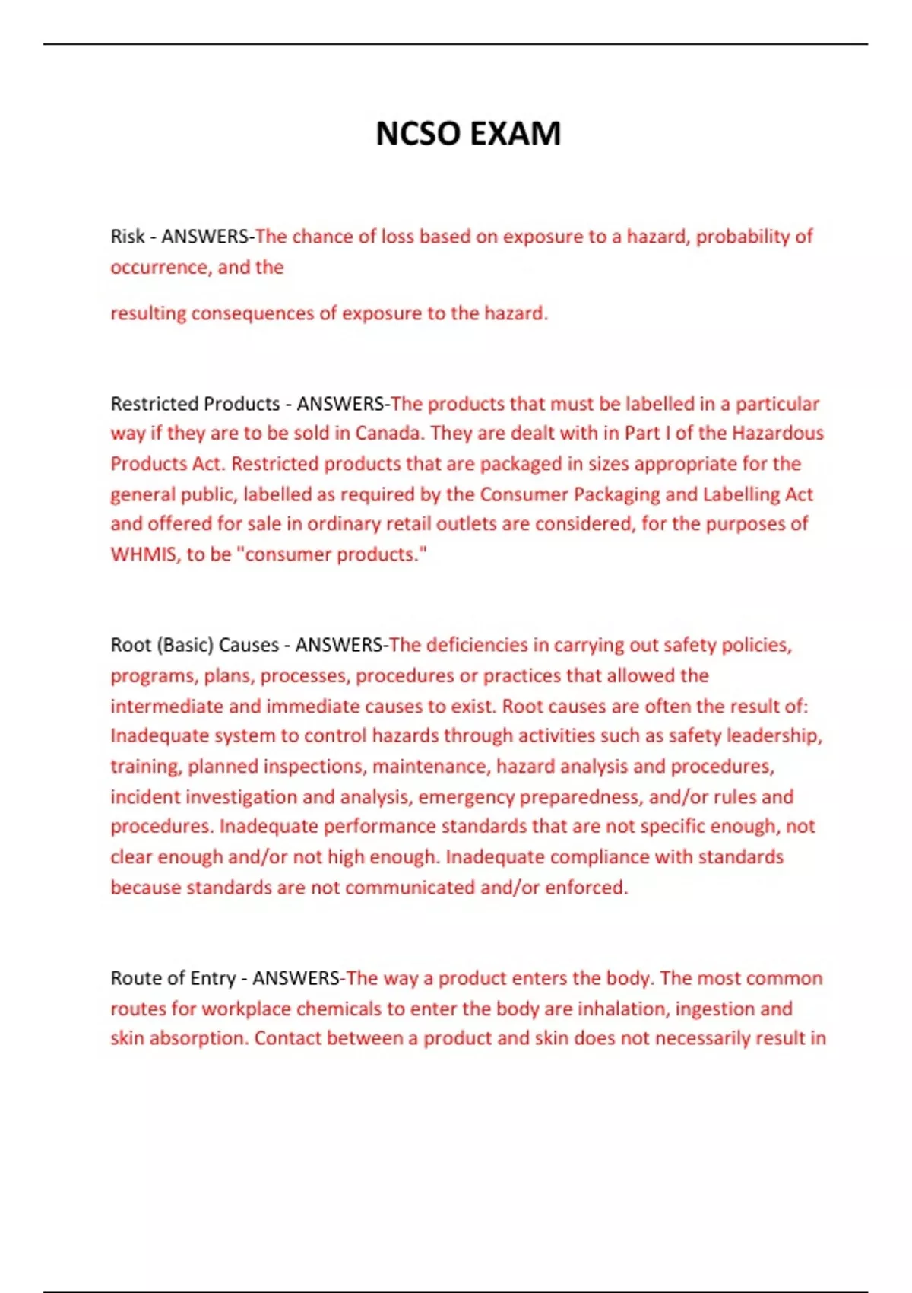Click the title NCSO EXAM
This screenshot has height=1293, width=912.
pyautogui.click(x=468, y=134)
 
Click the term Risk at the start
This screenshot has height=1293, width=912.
pyautogui.click(x=127, y=237)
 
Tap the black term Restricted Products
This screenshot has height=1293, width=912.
pyautogui.click(x=195, y=404)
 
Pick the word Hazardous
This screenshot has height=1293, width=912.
pyautogui.click(x=777, y=434)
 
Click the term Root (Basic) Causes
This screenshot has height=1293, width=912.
pyautogui.click(x=195, y=645)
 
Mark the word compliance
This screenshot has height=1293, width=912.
pyautogui.click(x=599, y=857)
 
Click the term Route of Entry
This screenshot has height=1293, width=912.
pyautogui.click(x=173, y=978)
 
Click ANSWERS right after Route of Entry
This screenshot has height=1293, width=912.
pyautogui.click(x=296, y=978)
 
